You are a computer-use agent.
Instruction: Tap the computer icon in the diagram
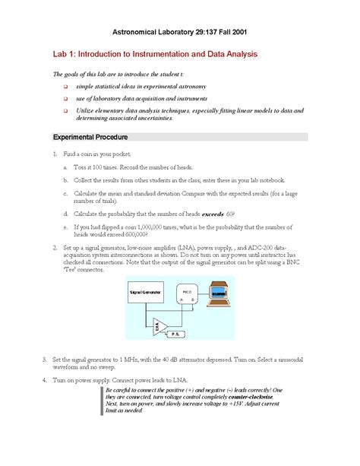pyautogui.click(x=219, y=293)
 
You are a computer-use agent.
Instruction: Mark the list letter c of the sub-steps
pyautogui.click(x=65, y=193)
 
